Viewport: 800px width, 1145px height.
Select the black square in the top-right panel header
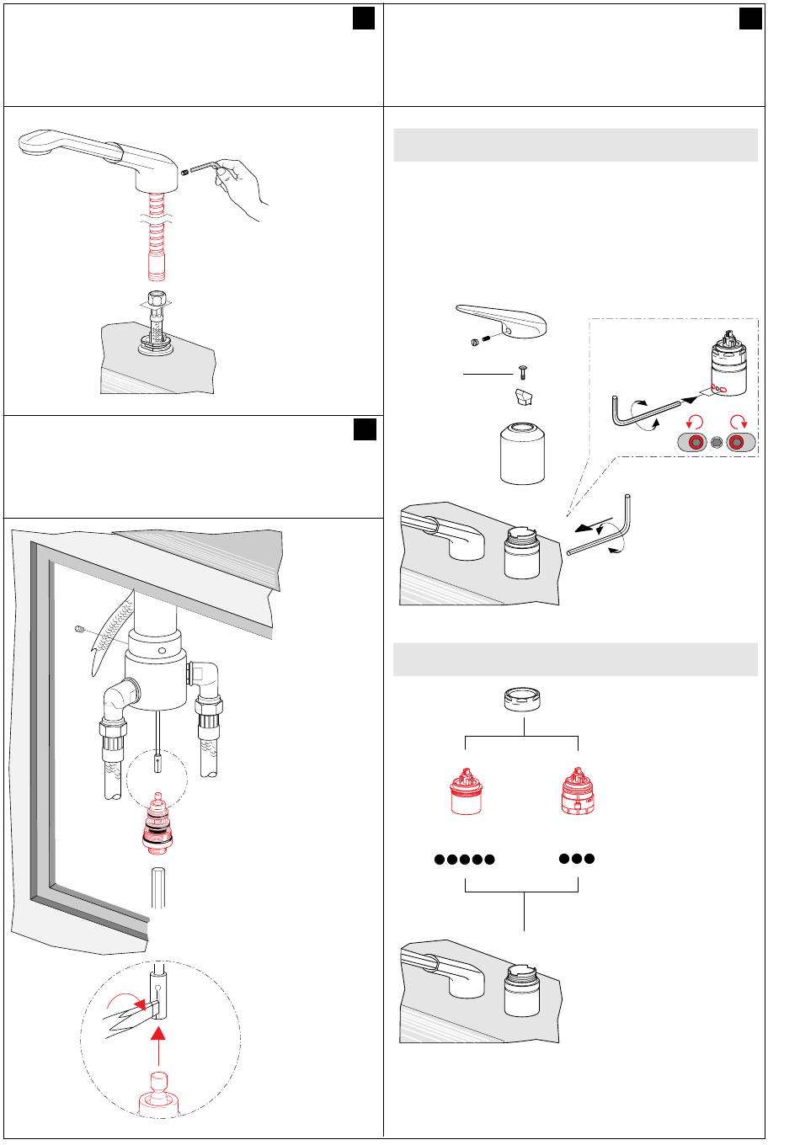point(750,19)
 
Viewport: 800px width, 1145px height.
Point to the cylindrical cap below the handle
point(522,455)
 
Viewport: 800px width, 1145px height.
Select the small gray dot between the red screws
point(717,444)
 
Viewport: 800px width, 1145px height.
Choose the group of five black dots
point(464,860)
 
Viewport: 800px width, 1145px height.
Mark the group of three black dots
point(577,859)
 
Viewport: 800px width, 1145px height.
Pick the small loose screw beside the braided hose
point(79,630)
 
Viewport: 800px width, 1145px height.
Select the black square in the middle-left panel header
point(364,430)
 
